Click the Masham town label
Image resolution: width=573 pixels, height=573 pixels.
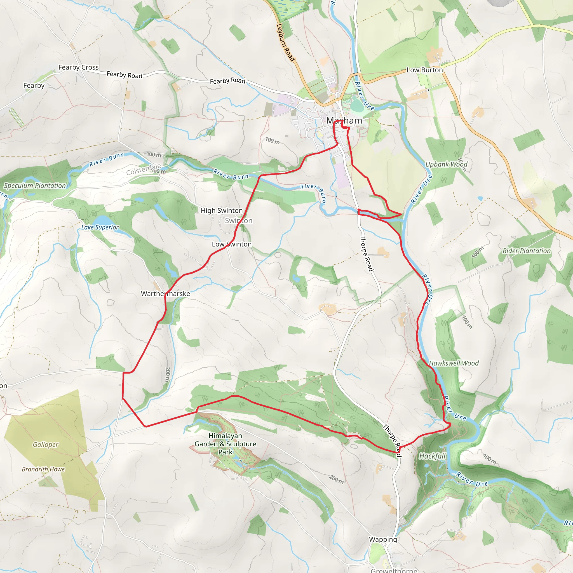click(x=344, y=120)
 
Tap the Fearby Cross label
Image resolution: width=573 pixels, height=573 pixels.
click(x=78, y=67)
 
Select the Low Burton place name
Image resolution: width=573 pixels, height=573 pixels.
click(x=424, y=70)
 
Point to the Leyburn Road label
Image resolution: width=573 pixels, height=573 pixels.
click(x=285, y=43)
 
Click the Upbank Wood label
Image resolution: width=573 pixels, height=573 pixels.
click(x=446, y=164)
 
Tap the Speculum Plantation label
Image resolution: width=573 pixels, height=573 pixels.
click(x=35, y=186)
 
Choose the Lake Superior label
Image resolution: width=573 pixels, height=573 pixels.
click(x=100, y=227)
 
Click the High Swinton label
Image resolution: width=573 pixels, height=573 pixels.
click(x=222, y=211)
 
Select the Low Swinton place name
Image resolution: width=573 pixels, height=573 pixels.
click(x=232, y=244)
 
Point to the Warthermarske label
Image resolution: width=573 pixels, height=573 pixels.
click(x=166, y=293)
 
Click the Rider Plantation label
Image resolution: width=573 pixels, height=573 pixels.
click(x=527, y=251)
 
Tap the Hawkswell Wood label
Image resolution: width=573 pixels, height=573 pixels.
click(x=454, y=363)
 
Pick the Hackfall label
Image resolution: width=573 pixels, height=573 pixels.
click(x=432, y=456)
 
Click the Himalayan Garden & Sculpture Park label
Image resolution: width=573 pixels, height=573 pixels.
click(x=226, y=444)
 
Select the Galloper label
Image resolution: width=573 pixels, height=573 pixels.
click(x=45, y=445)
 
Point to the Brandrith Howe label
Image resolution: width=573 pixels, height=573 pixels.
click(x=43, y=469)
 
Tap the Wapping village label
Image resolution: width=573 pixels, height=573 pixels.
click(x=383, y=539)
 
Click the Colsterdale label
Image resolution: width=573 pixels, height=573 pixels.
click(x=144, y=170)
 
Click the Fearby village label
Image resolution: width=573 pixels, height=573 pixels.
click(x=34, y=85)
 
